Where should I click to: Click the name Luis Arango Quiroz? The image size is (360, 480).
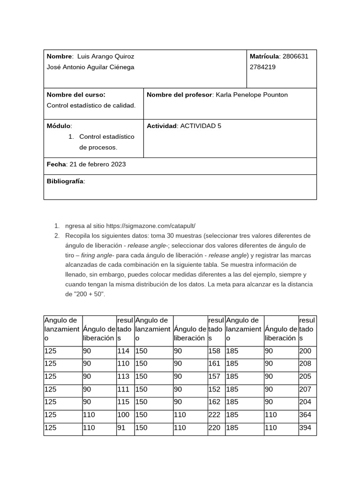105,56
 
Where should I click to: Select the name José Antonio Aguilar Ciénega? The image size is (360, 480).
90,67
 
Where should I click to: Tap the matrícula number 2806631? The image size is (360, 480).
295,56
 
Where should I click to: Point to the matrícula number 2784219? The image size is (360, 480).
262,67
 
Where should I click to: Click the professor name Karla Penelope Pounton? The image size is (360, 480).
251,95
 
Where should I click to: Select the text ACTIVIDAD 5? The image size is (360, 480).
201,126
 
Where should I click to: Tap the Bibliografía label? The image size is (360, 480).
66,181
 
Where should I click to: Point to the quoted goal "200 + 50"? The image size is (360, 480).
90,294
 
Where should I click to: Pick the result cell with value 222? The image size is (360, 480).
214,415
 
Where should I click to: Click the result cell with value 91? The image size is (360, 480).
121,427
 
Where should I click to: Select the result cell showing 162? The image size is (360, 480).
214,402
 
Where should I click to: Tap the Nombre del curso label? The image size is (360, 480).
76,95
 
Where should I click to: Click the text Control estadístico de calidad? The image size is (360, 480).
91,105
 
